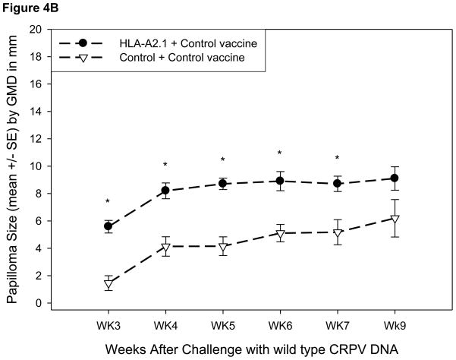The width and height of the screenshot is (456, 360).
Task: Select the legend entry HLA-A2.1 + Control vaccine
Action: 189,43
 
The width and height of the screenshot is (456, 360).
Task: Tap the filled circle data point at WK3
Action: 108,226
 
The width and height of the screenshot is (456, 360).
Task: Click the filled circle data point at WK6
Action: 280,182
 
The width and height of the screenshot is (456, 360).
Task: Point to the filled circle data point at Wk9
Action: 395,178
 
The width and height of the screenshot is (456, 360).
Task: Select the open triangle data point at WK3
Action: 108,284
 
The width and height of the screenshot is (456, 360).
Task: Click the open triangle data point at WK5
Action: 223,247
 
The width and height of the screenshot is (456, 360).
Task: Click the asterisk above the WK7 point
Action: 337,159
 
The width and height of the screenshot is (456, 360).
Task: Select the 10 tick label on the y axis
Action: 34,166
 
